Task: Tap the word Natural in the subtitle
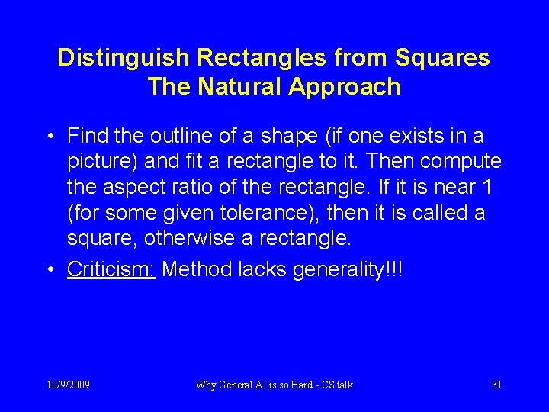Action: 241,86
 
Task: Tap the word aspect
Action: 141,187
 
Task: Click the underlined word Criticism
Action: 111,269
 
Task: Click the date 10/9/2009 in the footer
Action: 67,385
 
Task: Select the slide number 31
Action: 496,385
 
